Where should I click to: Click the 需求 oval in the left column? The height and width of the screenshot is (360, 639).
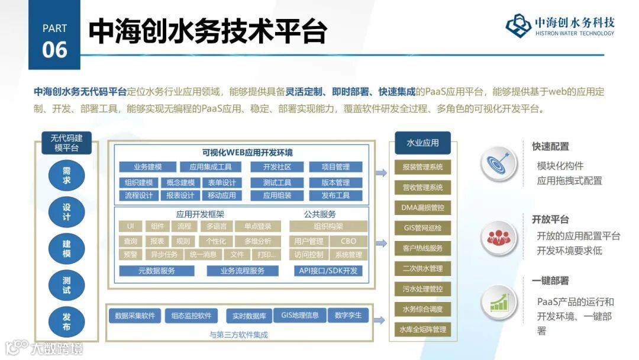click(x=66, y=175)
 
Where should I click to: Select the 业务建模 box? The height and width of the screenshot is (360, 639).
click(x=147, y=167)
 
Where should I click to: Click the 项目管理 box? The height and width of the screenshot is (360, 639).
click(x=335, y=167)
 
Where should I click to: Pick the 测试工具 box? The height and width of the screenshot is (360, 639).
click(x=277, y=182)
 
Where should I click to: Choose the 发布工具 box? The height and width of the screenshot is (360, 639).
click(x=335, y=195)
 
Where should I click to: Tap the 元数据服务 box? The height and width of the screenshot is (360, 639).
click(x=157, y=271)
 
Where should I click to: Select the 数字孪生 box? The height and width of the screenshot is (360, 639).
click(x=348, y=315)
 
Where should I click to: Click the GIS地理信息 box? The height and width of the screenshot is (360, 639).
click(x=300, y=315)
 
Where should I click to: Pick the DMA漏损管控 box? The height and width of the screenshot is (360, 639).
click(x=422, y=208)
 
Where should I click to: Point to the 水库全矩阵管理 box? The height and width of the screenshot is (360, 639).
click(x=422, y=329)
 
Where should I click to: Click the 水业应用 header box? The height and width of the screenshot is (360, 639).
click(x=422, y=143)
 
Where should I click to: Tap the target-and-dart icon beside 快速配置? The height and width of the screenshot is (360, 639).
click(x=499, y=164)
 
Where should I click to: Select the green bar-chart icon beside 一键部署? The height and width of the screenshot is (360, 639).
click(x=499, y=304)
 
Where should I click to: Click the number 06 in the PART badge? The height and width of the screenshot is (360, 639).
click(x=54, y=50)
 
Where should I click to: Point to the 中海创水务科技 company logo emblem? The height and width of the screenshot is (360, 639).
click(x=518, y=25)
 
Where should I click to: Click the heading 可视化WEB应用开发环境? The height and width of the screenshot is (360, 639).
click(x=238, y=153)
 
